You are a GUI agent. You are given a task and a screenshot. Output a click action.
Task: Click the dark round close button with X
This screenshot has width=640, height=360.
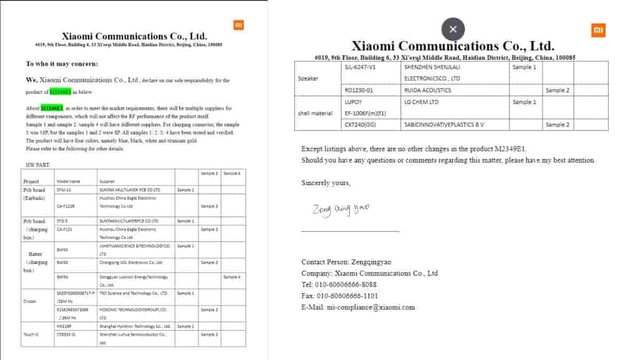coord(453,29)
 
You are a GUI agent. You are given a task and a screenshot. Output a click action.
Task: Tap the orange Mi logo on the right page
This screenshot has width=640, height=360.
coord(598,30)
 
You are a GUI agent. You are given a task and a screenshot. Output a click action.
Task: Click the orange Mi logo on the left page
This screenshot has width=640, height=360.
coord(238,25)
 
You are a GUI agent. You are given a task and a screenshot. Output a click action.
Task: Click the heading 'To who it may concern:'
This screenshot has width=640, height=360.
coord(62,63)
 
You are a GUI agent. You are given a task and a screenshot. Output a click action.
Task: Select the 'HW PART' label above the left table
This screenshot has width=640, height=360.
coord(38,165)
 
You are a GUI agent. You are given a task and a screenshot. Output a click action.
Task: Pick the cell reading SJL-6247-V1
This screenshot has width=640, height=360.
coord(361,67)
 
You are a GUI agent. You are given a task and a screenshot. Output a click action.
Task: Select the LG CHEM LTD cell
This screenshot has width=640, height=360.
coord(421,102)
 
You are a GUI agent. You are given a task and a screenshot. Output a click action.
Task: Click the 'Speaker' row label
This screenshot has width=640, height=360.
coord(308,78)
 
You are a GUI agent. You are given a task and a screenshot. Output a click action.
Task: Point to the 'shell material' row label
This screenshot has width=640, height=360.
coord(315,113)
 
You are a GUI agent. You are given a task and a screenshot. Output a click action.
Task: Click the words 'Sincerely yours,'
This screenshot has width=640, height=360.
coord(326,183)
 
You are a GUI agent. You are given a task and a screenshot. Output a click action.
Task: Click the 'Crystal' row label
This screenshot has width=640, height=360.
coord(29,301)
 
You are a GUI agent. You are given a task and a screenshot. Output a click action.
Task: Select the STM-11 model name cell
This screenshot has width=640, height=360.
coord(64,190)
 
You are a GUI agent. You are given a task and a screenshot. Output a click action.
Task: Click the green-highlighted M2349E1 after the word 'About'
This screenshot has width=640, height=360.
coord(52,108)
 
